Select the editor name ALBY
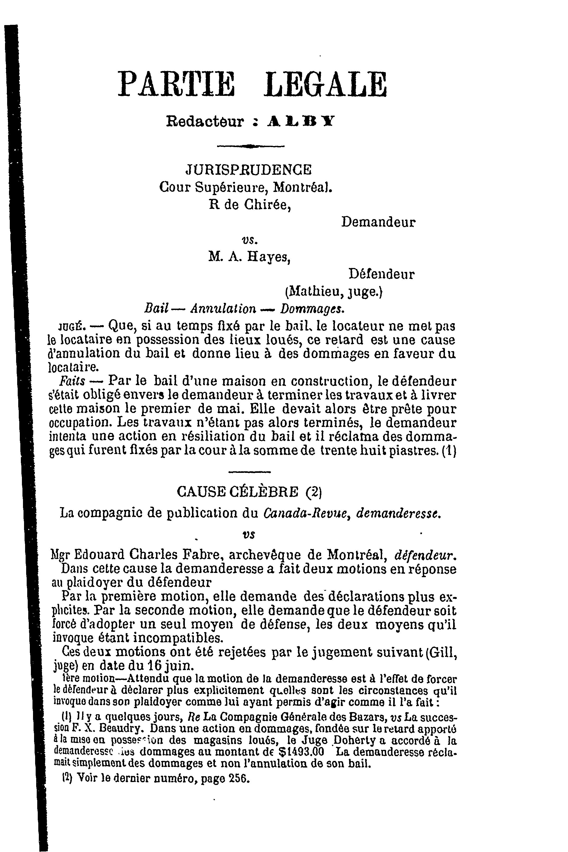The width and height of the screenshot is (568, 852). [x=301, y=121]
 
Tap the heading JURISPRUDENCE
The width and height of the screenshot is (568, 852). [x=248, y=170]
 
